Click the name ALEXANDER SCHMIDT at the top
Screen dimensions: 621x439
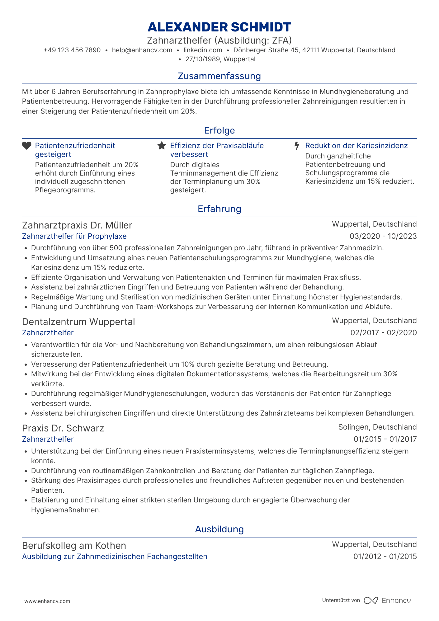(x=219, y=27)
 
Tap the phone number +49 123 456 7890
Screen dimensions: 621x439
(x=72, y=50)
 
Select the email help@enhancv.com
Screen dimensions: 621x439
(x=142, y=50)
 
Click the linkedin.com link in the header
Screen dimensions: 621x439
(x=203, y=50)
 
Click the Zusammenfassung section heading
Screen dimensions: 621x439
(x=219, y=76)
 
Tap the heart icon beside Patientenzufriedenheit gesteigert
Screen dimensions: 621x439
(x=27, y=146)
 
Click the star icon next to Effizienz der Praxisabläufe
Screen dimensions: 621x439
(x=162, y=146)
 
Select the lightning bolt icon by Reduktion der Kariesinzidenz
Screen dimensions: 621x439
(x=297, y=146)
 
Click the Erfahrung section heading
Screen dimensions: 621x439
(x=219, y=209)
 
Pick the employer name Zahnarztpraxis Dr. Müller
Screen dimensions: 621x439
(x=77, y=225)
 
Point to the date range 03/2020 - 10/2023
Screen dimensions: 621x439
(x=383, y=236)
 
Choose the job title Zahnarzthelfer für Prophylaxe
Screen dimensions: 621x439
(x=74, y=236)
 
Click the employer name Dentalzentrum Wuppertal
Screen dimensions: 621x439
(x=78, y=322)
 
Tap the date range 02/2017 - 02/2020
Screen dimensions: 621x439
(x=383, y=333)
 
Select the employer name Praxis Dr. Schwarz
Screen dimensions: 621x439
(x=63, y=428)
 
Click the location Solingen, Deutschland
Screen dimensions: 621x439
(x=377, y=427)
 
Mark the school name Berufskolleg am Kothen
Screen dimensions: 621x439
(x=74, y=546)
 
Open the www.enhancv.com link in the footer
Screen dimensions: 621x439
(x=47, y=601)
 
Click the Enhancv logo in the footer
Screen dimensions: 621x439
(x=387, y=600)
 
